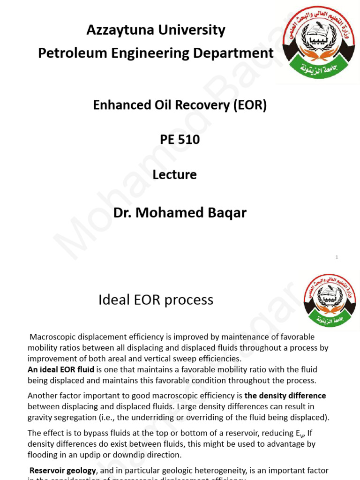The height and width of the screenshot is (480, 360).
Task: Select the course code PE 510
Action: point(180,139)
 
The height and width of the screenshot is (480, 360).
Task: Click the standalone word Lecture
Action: point(174,174)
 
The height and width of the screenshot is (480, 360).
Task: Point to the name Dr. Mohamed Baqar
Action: point(180,213)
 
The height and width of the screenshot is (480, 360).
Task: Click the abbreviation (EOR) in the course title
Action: point(250,105)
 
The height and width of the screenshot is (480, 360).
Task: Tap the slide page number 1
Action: point(337,257)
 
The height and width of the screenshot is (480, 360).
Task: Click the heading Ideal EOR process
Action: point(156,300)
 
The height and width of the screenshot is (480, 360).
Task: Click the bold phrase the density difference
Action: point(285,396)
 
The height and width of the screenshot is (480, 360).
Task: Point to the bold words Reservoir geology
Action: point(63,470)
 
